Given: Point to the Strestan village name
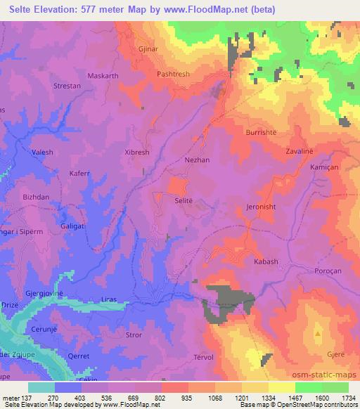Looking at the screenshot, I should (68, 105).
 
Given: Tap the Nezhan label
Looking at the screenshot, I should (196, 160).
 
